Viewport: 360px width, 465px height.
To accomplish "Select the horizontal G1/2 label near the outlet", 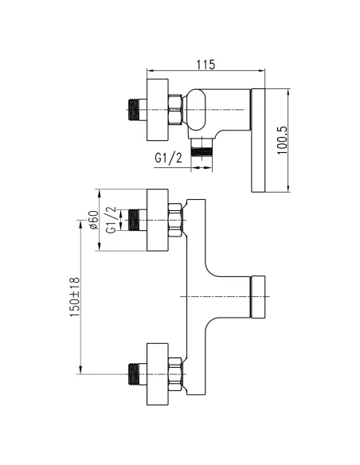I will [169, 158].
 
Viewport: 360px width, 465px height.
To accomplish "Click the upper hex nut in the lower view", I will [175, 221].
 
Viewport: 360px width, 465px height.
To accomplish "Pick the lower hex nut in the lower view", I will [175, 371].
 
